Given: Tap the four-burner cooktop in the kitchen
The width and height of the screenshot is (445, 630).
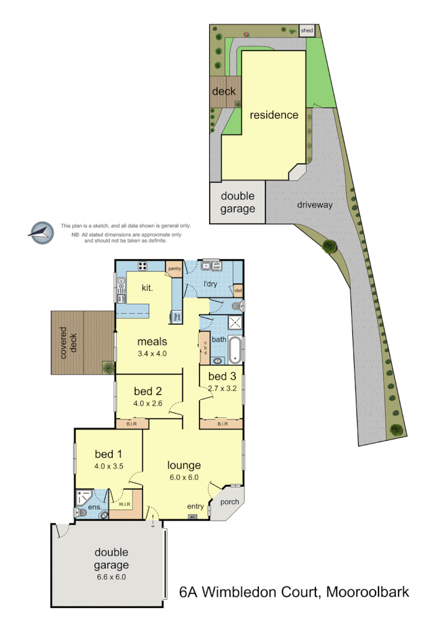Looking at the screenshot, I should [143, 266].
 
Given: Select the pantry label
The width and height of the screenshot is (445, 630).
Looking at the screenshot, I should [174, 269].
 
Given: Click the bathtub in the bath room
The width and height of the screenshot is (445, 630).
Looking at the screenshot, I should [236, 350].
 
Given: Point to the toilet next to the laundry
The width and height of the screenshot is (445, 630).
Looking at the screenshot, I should [237, 307].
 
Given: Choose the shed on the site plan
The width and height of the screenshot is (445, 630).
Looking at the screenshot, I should [307, 31].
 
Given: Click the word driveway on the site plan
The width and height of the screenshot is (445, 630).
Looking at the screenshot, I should [315, 205].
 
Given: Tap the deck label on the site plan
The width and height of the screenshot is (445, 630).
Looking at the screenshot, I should [224, 92].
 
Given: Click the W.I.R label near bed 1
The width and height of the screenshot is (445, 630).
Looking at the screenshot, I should [125, 505].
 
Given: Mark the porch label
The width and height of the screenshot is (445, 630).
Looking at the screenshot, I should [229, 502].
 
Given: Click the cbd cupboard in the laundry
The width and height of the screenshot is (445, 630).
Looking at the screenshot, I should [238, 291].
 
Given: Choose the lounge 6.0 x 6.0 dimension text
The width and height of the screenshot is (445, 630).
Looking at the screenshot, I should [184, 477].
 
